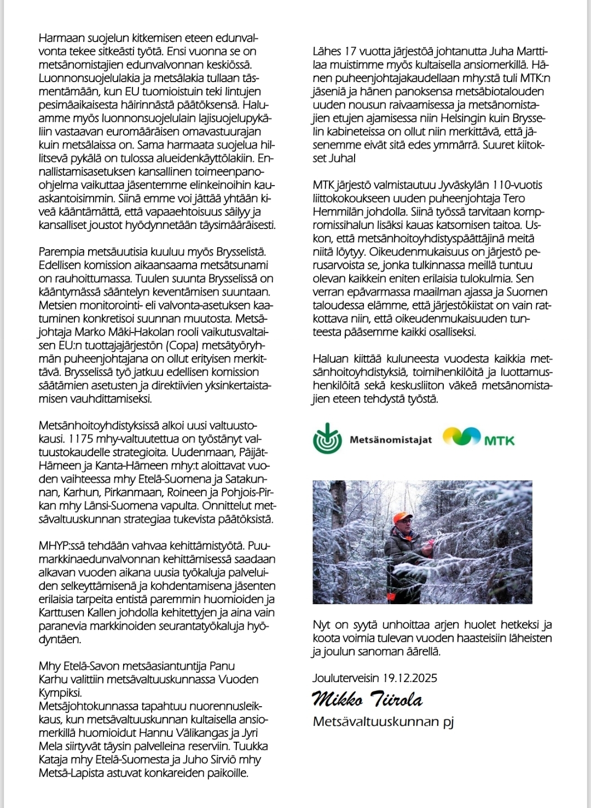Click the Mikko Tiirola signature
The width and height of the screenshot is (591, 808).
(x=367, y=700)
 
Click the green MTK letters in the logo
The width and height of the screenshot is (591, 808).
(x=499, y=440)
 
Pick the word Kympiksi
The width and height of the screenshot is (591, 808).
(x=60, y=692)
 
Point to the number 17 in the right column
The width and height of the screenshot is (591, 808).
(x=350, y=52)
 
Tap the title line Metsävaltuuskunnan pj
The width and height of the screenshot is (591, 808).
(x=384, y=722)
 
